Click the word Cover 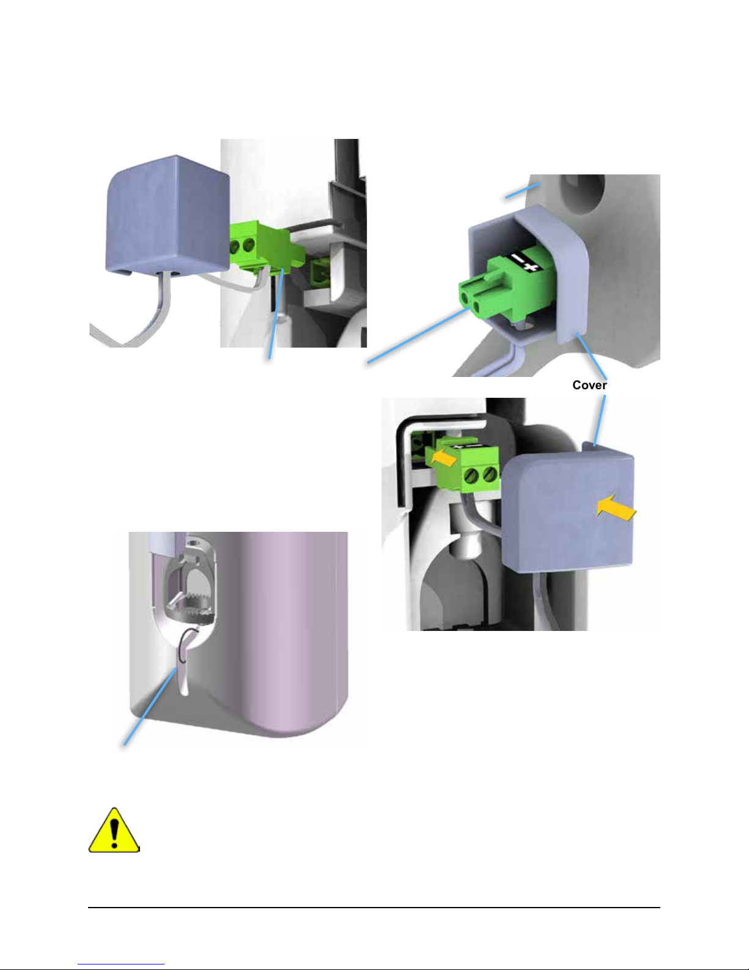point(589,385)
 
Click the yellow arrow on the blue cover point(616,508)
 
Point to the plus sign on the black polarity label point(531,266)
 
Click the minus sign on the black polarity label point(518,258)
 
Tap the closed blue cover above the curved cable point(168,214)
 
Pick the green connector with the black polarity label point(506,286)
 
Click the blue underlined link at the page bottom point(121,964)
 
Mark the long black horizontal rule point(374,907)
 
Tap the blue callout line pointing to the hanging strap point(150,707)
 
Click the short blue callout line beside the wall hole point(523,190)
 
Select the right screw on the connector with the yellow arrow point(490,474)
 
